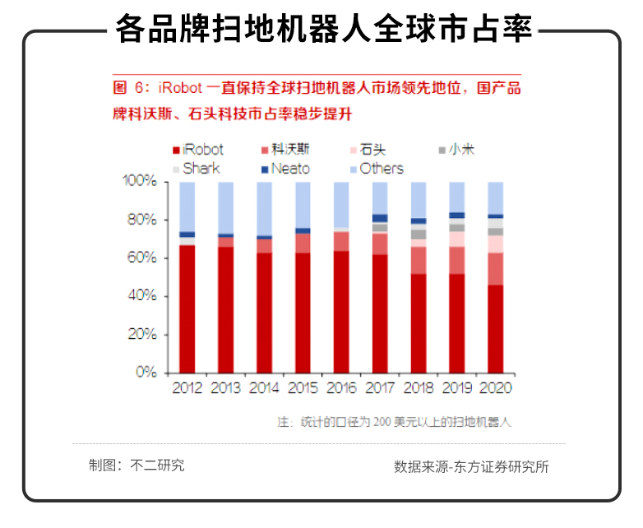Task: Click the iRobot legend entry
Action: tap(198, 150)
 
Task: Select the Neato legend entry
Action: tap(285, 169)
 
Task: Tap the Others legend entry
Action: tap(377, 169)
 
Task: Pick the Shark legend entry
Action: tap(197, 169)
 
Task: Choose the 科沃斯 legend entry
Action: tap(285, 150)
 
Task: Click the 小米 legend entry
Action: tap(456, 150)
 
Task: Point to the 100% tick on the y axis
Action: tap(166, 182)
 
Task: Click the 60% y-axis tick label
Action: tap(142, 257)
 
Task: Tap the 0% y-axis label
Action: tap(146, 372)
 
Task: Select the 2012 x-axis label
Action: tap(187, 388)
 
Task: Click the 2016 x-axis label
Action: tap(341, 388)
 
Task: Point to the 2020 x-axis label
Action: tap(495, 388)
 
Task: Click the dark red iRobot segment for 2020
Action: tap(495, 329)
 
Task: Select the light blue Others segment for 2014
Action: tap(264, 209)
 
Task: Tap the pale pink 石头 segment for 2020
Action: tap(495, 244)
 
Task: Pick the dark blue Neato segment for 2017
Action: tap(380, 219)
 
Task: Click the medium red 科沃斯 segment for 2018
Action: tap(419, 261)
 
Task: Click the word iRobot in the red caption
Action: tap(180, 88)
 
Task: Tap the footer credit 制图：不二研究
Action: tap(136, 465)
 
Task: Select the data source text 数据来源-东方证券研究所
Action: tap(471, 467)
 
